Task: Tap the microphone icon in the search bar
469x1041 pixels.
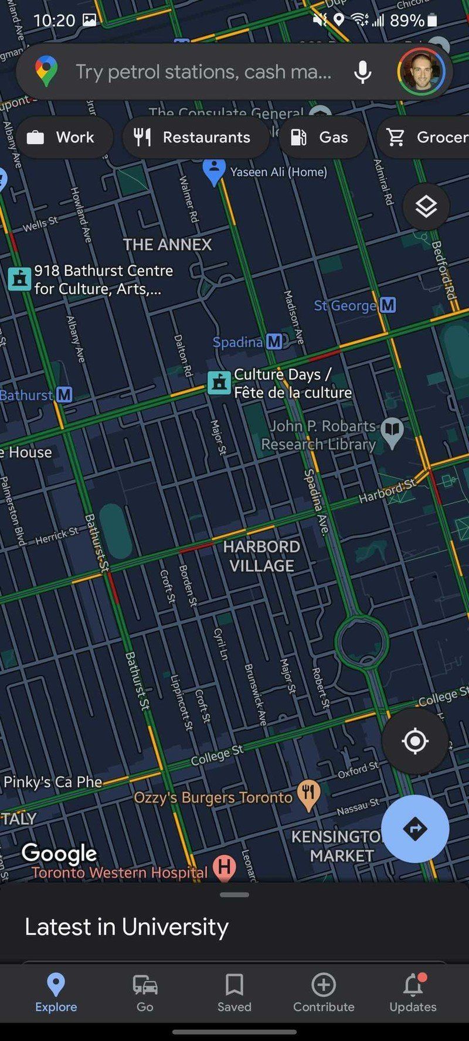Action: click(x=362, y=72)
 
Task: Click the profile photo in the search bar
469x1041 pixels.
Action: click(x=421, y=72)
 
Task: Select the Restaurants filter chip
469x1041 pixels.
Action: click(x=195, y=137)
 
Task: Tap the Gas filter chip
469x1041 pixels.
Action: click(x=322, y=137)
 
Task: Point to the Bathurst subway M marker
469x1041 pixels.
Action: click(x=64, y=395)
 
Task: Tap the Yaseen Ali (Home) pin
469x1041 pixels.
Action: click(x=214, y=171)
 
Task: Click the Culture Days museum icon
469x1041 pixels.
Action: click(x=219, y=383)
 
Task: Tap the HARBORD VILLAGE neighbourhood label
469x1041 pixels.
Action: click(x=261, y=556)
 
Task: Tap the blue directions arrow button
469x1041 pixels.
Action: click(x=415, y=828)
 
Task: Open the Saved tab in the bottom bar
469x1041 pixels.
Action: click(x=234, y=992)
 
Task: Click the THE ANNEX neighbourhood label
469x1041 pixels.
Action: click(x=167, y=244)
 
